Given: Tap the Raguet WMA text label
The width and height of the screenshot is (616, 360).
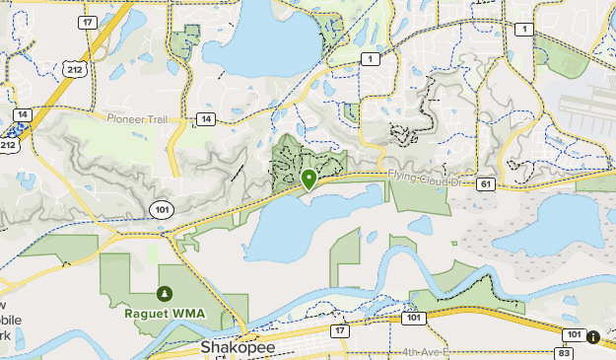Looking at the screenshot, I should tap(164, 315).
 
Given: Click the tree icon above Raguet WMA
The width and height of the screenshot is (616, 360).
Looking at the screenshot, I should tap(164, 294).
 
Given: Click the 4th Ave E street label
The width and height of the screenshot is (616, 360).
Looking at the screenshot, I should tap(426, 351).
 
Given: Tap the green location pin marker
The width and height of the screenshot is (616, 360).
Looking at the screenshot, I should tap(308, 179).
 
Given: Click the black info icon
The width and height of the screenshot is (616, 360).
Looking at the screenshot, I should tap(593, 337).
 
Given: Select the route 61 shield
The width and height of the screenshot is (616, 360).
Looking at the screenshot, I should tap(485, 183).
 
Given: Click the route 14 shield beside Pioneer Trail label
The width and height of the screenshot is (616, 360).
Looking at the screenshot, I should tap(204, 119).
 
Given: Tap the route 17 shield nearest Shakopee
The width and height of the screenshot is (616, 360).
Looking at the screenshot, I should tap(340, 331).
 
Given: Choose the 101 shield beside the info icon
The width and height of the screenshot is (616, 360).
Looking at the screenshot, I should tap(574, 334).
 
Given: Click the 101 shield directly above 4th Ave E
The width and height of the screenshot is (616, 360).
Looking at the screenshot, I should tap(414, 319).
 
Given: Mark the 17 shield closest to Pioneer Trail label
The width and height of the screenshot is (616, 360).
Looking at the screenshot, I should tap(89, 22).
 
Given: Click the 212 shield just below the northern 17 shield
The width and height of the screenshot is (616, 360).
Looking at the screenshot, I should tap(74, 68).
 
